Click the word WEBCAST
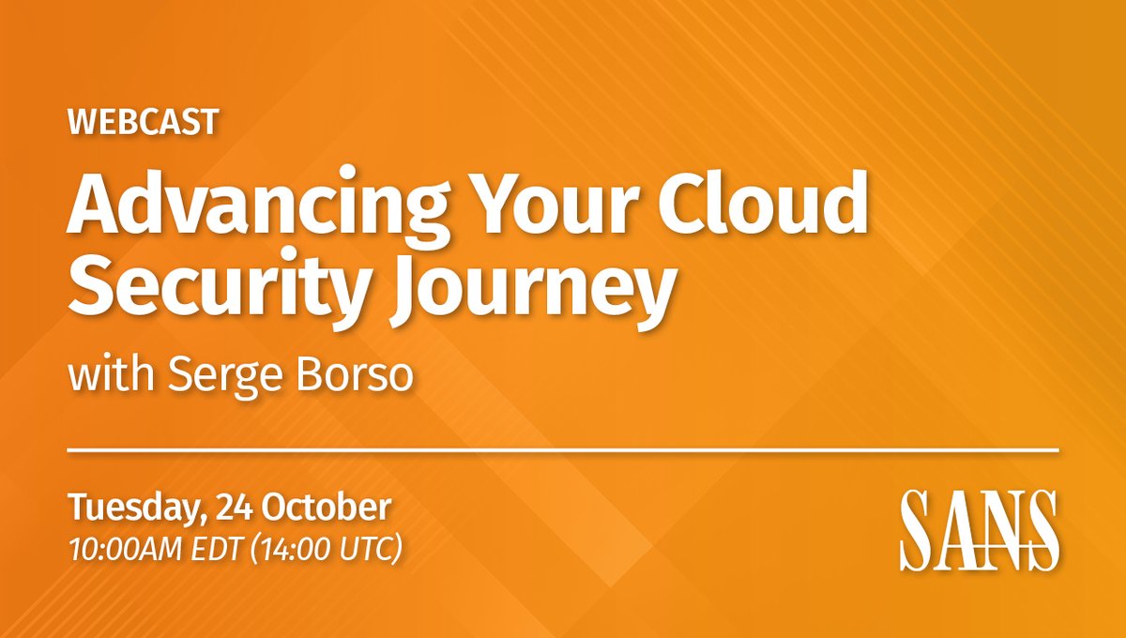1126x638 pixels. point(143,122)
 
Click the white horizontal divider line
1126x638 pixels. point(563,451)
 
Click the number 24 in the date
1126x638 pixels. point(234,509)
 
